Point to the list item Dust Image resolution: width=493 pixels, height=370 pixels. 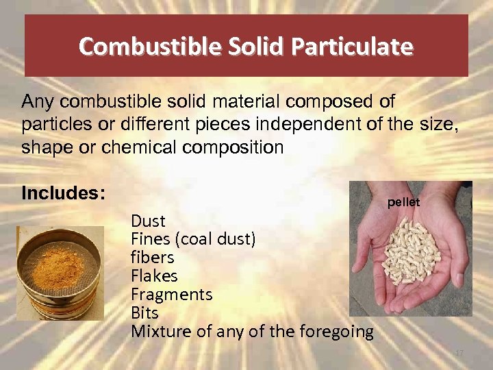(148, 221)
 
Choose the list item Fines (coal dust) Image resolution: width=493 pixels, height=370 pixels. (193, 239)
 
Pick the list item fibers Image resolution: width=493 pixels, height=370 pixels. (152, 258)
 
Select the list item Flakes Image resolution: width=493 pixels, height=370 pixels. (154, 276)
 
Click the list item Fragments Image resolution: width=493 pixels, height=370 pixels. (171, 295)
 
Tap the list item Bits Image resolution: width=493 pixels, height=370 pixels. (144, 313)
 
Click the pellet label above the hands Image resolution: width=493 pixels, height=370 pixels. (403, 203)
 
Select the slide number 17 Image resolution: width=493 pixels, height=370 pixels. (459, 352)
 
